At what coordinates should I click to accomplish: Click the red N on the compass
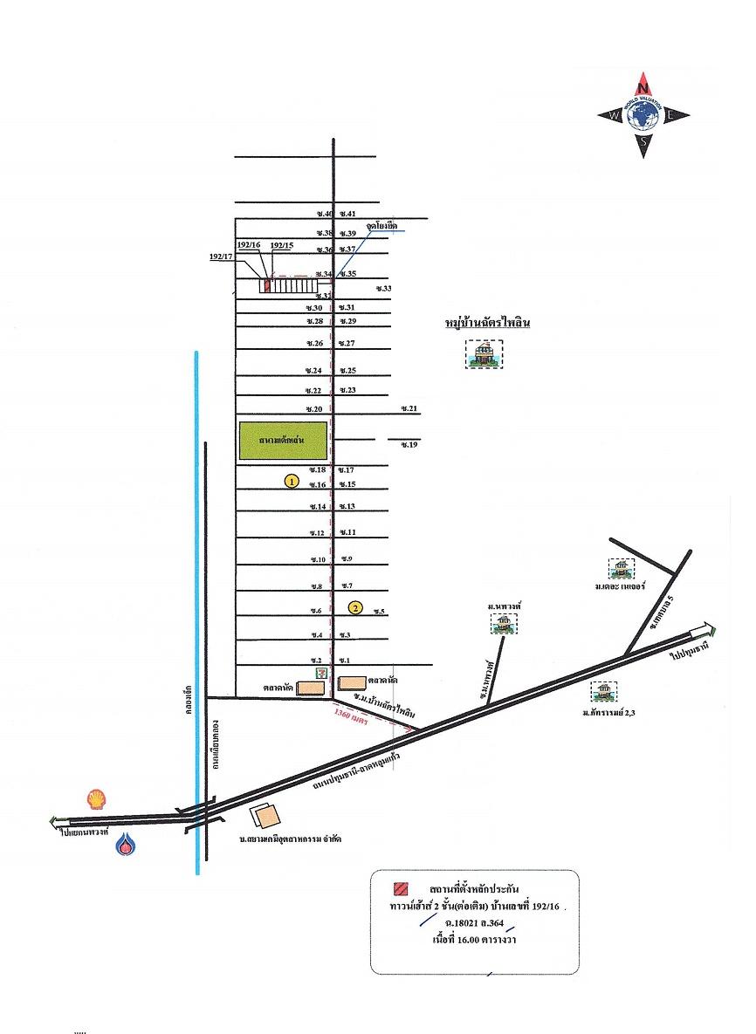pyautogui.click(x=643, y=87)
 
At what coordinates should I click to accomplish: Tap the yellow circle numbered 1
pyautogui.click(x=292, y=481)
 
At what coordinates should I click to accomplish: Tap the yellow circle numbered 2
pyautogui.click(x=354, y=607)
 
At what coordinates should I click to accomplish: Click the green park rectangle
pyautogui.click(x=284, y=442)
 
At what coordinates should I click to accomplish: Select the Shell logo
pyautogui.click(x=97, y=798)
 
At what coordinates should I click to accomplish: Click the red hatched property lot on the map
pyautogui.click(x=265, y=285)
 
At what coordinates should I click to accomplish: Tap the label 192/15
pyautogui.click(x=281, y=246)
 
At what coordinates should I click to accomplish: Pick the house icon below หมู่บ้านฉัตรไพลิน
pyautogui.click(x=483, y=354)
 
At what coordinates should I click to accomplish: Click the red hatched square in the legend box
pyautogui.click(x=400, y=889)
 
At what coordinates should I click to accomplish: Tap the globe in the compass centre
pyautogui.click(x=643, y=115)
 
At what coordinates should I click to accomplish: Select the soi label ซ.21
pyautogui.click(x=409, y=408)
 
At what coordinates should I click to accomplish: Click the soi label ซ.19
pyautogui.click(x=409, y=445)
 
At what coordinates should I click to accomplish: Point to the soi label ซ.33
pyautogui.click(x=383, y=288)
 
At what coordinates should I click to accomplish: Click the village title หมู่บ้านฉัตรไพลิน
pyautogui.click(x=488, y=324)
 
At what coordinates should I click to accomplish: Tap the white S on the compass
pyautogui.click(x=643, y=142)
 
